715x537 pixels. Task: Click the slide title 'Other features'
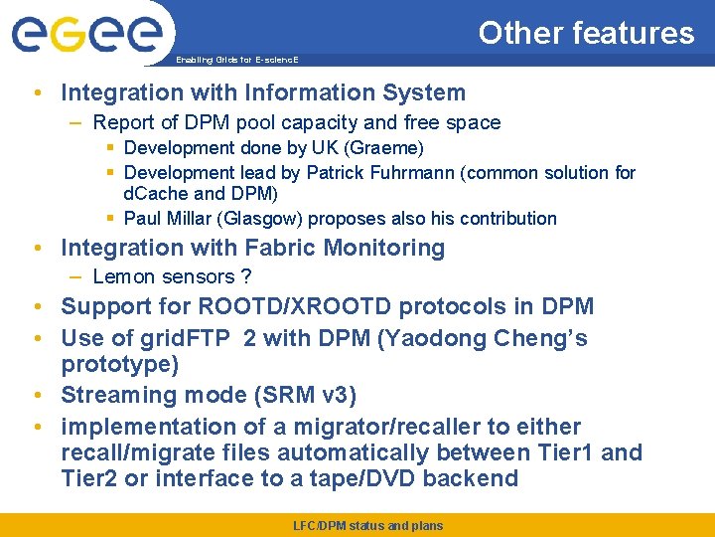coord(586,33)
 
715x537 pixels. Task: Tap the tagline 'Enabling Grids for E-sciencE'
coord(236,60)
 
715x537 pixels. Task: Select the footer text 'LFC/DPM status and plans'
coord(368,525)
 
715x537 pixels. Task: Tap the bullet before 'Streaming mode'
coord(36,395)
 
